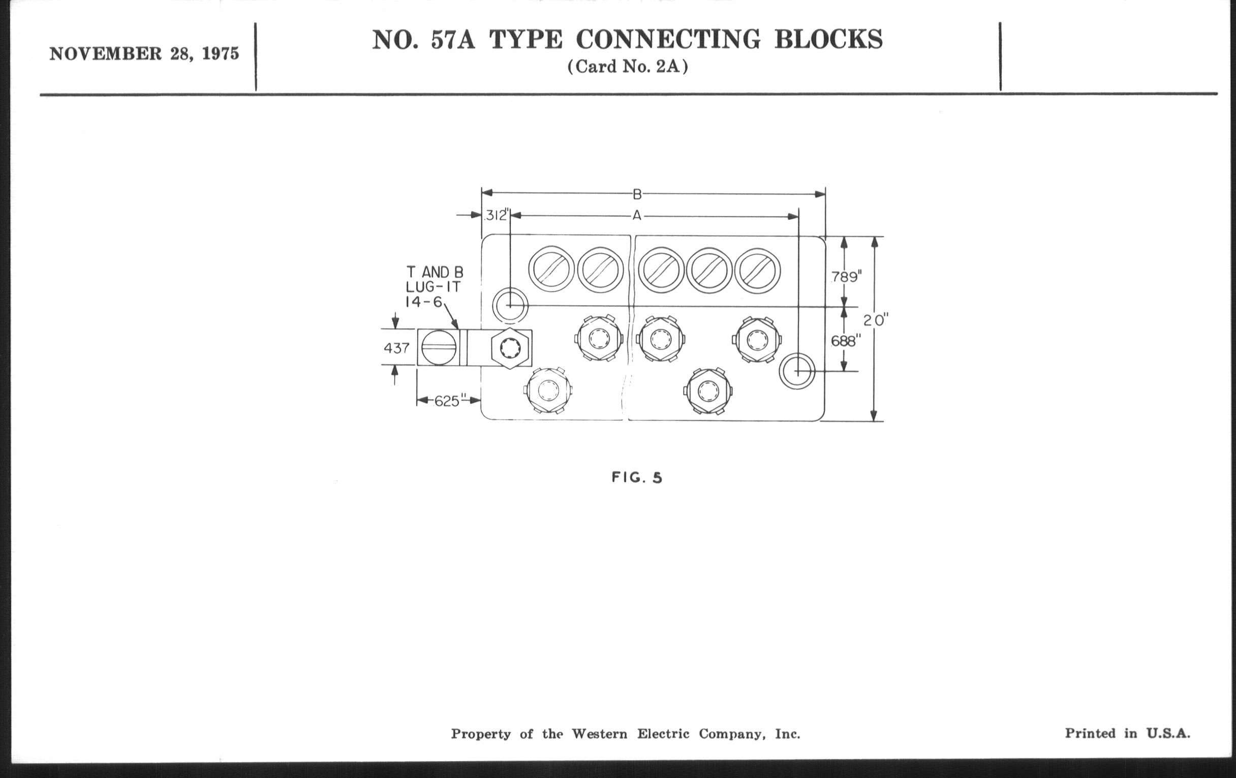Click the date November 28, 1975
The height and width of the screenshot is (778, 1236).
tap(144, 54)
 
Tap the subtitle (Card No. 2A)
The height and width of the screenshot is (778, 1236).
tap(627, 67)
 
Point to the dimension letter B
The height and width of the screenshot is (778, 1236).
tap(637, 194)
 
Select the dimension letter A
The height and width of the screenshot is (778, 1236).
tap(636, 216)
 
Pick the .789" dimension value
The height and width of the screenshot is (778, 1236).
tap(846, 277)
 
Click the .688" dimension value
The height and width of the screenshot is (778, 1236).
tap(844, 341)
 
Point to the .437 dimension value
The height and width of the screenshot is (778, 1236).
tap(396, 348)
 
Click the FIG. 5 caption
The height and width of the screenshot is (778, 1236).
tap(637, 478)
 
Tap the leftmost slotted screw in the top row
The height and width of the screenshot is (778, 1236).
tap(552, 270)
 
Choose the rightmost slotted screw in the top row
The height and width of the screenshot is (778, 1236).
tap(758, 271)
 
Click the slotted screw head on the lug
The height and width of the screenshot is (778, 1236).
tap(439, 348)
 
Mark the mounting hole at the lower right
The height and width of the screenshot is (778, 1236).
tap(796, 371)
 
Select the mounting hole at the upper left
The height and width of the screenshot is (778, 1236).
tap(510, 306)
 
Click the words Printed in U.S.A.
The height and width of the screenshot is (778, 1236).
tap(1127, 733)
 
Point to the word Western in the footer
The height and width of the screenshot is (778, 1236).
tap(600, 734)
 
